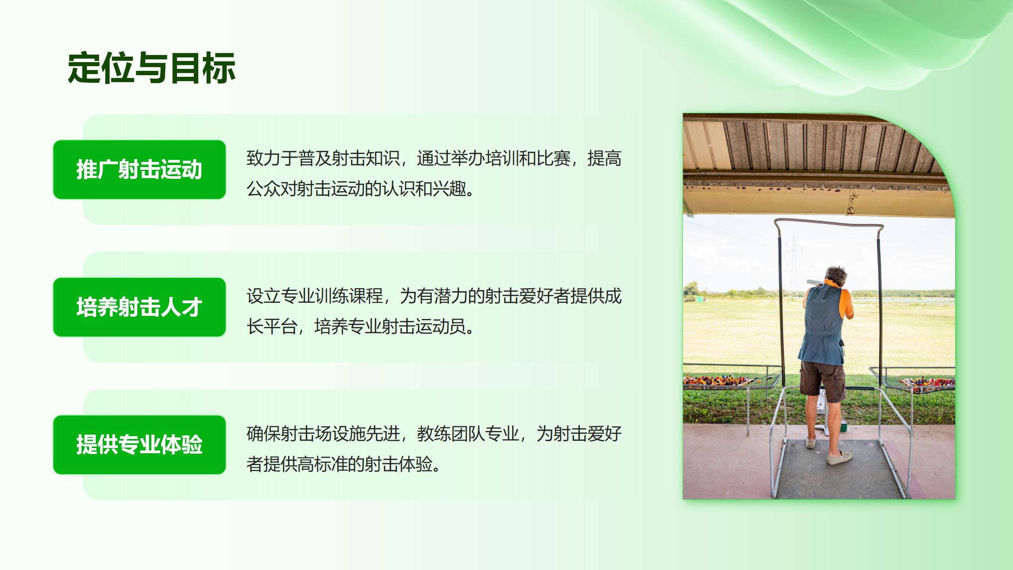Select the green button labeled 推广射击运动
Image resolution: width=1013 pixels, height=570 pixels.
139,169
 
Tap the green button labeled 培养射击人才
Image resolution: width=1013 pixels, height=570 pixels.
139,307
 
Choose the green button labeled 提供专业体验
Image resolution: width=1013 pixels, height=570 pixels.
139,445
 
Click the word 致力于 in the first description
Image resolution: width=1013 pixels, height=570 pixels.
272,158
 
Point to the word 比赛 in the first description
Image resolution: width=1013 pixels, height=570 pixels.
554,158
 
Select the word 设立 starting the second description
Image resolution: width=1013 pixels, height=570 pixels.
264,296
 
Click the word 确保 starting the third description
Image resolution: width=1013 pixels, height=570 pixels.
264,434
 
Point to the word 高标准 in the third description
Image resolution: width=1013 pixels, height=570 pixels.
314,464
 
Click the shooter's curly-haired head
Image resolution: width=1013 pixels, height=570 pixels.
836,276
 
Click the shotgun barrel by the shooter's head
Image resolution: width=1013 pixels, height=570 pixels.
815,282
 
